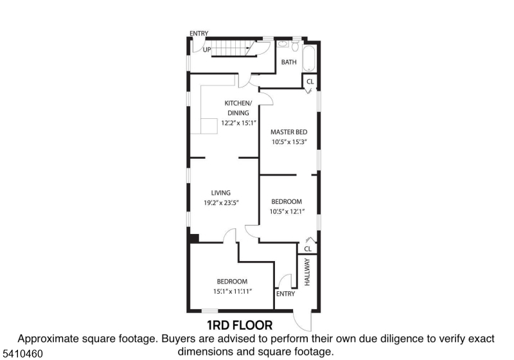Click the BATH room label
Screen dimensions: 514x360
click(288, 62)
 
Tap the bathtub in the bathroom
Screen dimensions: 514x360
click(309, 59)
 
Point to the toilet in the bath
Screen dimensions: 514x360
click(296, 46)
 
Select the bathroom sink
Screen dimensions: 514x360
click(283, 44)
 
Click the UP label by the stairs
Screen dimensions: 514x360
click(207, 50)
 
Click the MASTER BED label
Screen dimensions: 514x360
click(288, 132)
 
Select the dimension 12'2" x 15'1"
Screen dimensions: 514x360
click(238, 123)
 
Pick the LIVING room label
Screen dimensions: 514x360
click(220, 193)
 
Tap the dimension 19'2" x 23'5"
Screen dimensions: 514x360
click(221, 203)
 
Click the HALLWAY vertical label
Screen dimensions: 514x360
click(307, 272)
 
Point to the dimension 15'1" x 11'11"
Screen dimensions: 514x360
click(232, 291)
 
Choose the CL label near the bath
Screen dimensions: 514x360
click(310, 82)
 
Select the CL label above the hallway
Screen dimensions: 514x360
click(308, 249)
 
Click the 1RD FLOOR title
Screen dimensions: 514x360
click(240, 325)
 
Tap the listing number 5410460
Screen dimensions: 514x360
click(22, 354)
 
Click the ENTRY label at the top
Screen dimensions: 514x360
click(199, 33)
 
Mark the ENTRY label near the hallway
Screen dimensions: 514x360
click(285, 294)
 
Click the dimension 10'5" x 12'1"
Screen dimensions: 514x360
click(287, 212)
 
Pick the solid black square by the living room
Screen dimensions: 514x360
click(194, 239)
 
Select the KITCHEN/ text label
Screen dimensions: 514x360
click(238, 104)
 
